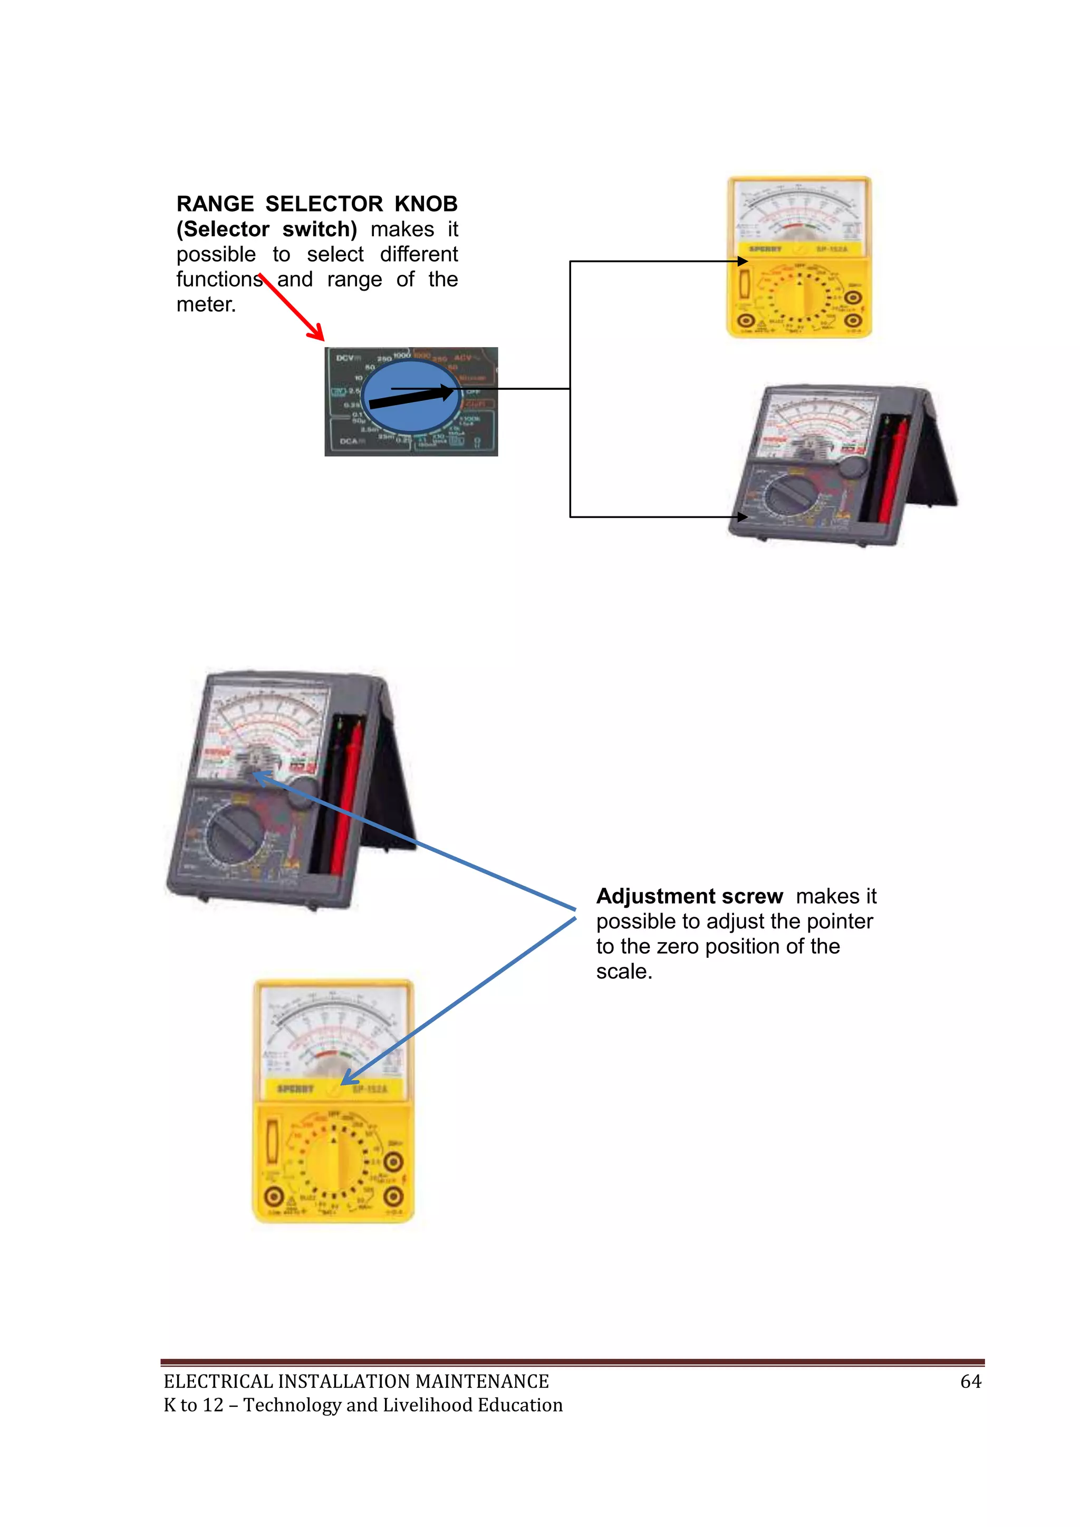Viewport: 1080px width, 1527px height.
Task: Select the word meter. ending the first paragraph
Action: point(206,304)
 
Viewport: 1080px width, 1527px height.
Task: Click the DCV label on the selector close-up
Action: point(346,358)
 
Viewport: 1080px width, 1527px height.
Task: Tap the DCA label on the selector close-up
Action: point(350,441)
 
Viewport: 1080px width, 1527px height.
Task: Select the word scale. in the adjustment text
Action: point(624,972)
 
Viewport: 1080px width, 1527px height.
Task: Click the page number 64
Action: point(970,1382)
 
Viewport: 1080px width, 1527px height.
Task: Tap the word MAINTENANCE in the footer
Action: point(482,1382)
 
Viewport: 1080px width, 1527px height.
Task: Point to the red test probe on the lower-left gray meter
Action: point(346,798)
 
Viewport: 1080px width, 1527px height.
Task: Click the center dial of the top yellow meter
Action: point(800,296)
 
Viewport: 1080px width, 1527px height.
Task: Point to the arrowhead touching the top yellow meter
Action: point(743,262)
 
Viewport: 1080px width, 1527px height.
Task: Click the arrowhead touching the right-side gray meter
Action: point(743,517)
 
